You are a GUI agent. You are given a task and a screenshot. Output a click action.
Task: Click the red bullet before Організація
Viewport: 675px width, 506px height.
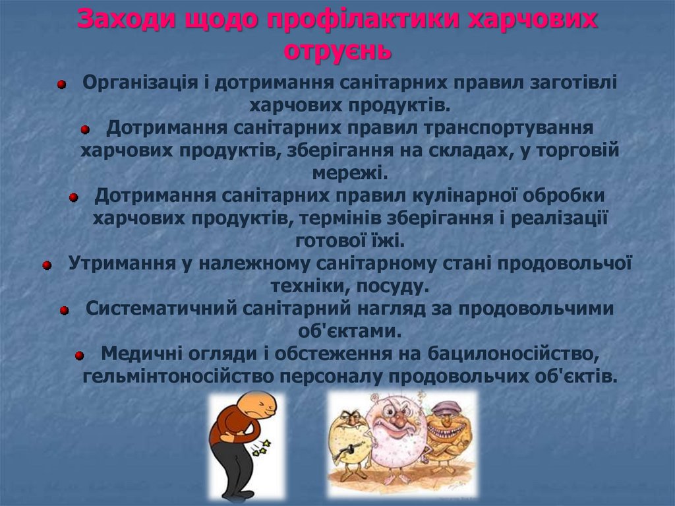61,84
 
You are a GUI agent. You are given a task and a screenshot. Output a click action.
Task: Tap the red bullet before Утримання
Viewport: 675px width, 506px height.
47,265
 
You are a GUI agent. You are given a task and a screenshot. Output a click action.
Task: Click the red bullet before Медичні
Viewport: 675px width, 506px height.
80,355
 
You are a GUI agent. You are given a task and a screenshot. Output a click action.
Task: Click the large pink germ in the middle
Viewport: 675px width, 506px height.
394,438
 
